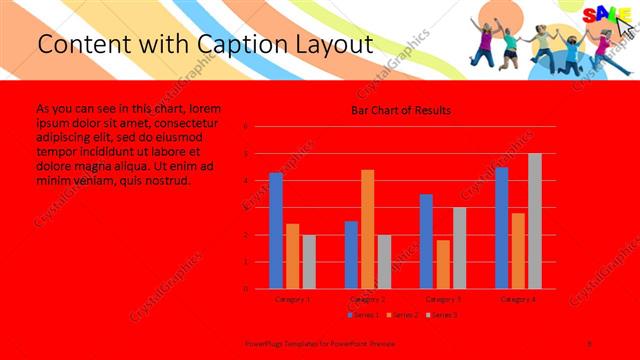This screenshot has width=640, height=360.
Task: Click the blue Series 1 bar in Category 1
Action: (x=276, y=231)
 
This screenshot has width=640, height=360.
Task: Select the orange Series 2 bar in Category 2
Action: (x=368, y=229)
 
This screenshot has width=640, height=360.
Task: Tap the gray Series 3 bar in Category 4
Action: (x=535, y=221)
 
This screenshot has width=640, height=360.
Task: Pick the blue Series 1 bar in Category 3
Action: (x=427, y=241)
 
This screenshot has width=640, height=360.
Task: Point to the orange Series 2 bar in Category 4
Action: (x=518, y=250)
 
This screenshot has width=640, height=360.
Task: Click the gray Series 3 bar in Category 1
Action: (x=309, y=262)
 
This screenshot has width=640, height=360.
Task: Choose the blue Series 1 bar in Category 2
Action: (x=351, y=255)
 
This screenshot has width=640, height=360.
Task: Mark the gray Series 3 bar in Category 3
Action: (x=460, y=248)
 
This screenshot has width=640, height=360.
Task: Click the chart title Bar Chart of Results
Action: (x=401, y=110)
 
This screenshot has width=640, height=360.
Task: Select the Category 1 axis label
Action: (x=293, y=298)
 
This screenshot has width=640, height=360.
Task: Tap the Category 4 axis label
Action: (x=518, y=298)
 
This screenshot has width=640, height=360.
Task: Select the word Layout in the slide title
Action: (x=329, y=45)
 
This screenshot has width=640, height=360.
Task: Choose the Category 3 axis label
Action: (x=443, y=298)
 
